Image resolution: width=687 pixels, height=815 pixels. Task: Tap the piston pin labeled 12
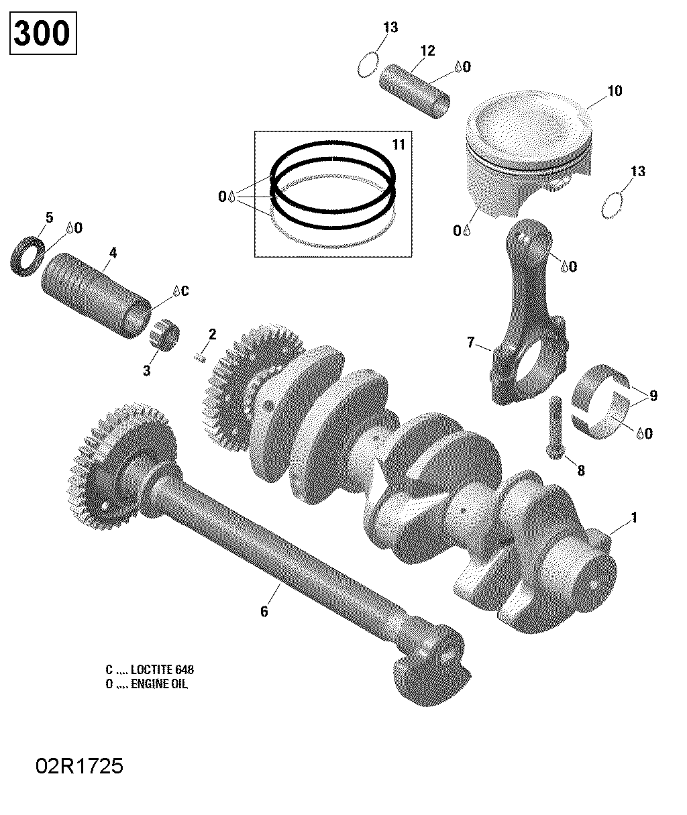click(x=415, y=91)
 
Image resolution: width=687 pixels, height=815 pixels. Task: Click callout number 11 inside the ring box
click(x=399, y=145)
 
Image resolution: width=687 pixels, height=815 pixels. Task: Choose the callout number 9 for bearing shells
click(x=652, y=396)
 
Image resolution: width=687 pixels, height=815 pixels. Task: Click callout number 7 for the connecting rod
click(x=470, y=343)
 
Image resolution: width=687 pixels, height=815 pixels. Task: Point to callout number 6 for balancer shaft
click(x=264, y=611)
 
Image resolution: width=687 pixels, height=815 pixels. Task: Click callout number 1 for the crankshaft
click(x=633, y=518)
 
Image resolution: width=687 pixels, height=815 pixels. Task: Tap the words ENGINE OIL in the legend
click(x=160, y=684)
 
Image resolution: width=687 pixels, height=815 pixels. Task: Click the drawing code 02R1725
click(x=80, y=767)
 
